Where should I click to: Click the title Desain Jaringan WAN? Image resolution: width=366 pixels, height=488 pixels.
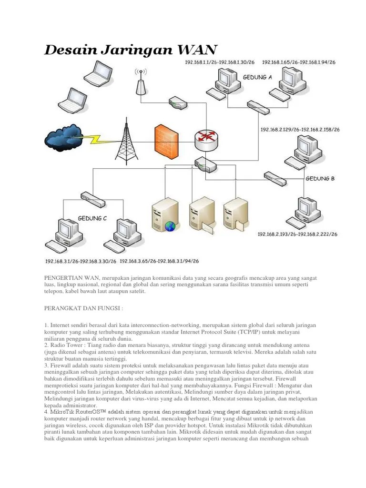[131, 49]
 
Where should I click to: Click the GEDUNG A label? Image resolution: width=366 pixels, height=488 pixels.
[257, 77]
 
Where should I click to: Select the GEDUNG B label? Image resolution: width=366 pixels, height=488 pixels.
[320, 179]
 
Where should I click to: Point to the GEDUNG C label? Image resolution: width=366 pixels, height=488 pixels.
[92, 218]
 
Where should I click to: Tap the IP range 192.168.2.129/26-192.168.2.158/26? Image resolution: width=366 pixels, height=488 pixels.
[300, 129]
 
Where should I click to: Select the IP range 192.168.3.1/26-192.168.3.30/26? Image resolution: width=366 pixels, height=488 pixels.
[81, 261]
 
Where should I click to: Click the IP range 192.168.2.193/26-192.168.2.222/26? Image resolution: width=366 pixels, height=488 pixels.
[297, 234]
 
